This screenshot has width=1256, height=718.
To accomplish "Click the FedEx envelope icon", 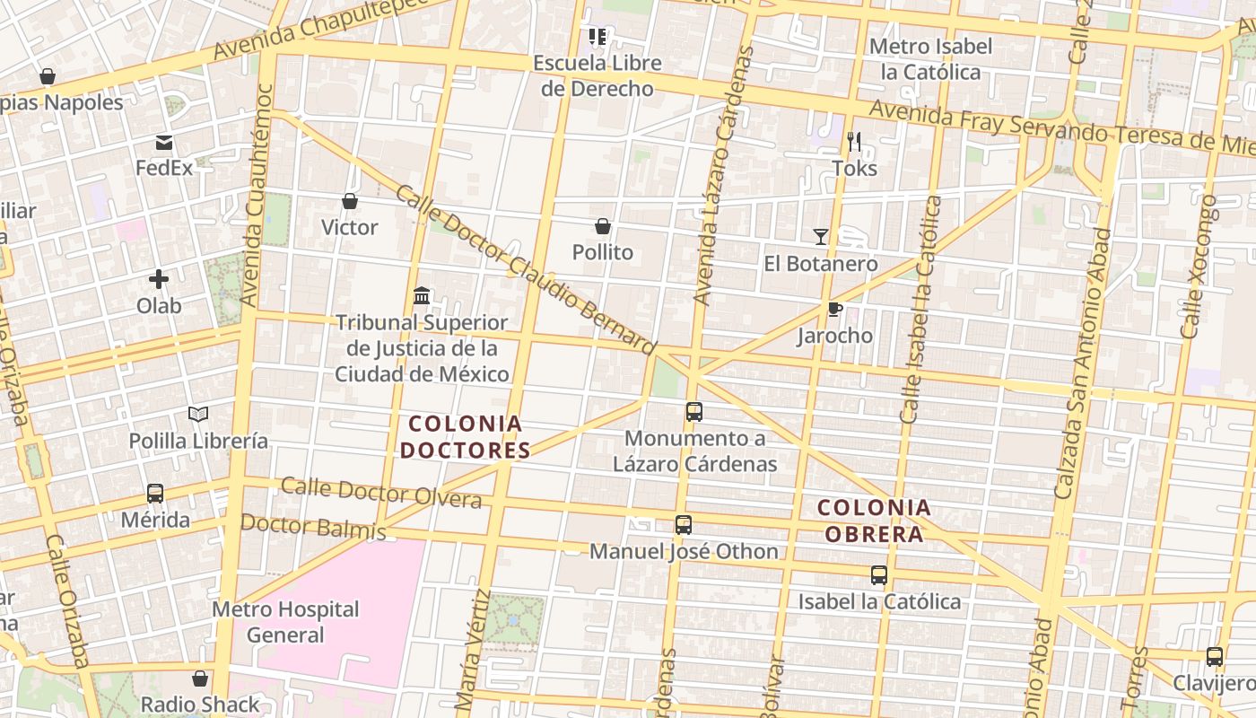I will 164,143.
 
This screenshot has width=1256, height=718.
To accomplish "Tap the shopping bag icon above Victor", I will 350,202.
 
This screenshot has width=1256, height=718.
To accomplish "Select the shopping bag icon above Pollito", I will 603,227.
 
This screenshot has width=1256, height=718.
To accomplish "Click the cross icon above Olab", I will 159,279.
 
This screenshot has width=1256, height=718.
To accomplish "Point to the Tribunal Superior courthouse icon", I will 422,295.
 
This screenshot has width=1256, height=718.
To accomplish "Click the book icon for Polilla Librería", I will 198,415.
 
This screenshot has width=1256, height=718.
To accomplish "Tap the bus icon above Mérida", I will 155,494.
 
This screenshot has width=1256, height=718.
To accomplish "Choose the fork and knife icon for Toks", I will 854,142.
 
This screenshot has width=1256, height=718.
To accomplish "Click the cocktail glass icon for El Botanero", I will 821,237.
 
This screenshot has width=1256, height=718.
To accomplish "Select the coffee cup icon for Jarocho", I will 834,310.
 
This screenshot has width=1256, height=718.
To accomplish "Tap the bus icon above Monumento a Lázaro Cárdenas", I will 694,412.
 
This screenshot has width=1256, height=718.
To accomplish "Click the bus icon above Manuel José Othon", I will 684,525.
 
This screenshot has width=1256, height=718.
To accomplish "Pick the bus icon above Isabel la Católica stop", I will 879,575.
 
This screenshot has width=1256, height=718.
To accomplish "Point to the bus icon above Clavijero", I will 1215,657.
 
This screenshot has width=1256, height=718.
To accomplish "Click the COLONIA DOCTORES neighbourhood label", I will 466,436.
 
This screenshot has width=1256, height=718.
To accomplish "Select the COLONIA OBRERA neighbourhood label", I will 874,521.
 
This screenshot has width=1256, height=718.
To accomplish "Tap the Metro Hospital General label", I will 285,622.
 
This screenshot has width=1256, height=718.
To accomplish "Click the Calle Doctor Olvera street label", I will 381,493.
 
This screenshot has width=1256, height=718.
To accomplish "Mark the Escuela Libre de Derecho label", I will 597,75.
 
